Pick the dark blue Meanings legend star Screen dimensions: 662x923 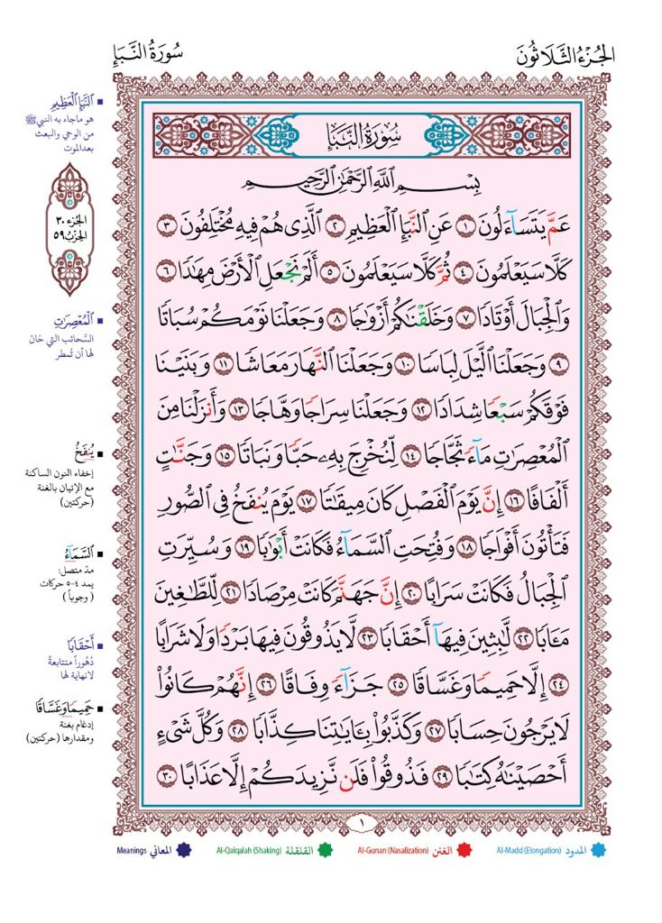point(185,850)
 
